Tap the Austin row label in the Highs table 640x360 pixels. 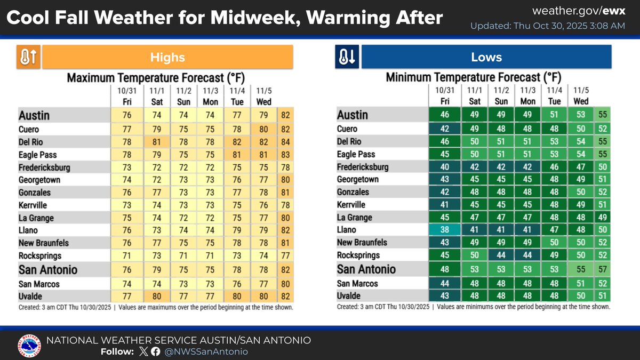click(x=35, y=115)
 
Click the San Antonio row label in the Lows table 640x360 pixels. click(x=366, y=269)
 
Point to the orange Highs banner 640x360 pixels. click(x=167, y=57)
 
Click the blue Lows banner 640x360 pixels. click(x=486, y=57)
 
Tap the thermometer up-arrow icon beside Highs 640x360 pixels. click(x=28, y=57)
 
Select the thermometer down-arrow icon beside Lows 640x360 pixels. click(x=347, y=57)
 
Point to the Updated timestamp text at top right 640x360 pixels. click(x=547, y=26)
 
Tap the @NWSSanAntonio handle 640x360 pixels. click(x=206, y=351)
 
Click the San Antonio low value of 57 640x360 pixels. click(x=603, y=269)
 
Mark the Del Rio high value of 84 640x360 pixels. click(x=285, y=142)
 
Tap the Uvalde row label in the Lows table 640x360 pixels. click(x=349, y=296)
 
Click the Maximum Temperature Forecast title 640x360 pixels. click(x=156, y=78)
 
